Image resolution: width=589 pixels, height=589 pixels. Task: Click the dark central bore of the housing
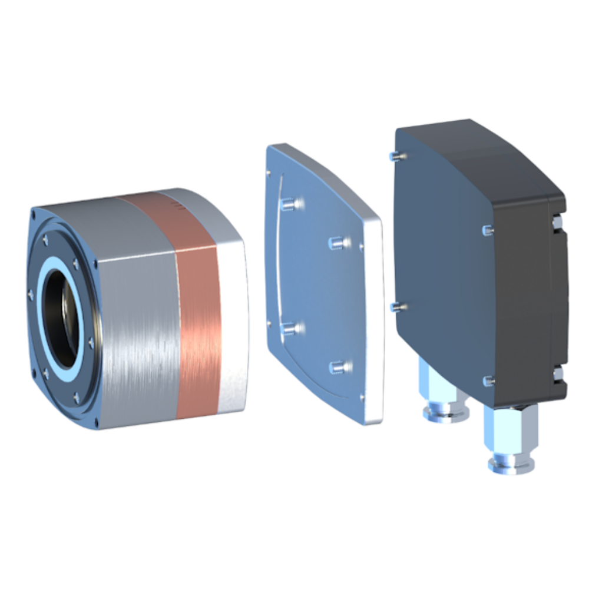click(x=62, y=319)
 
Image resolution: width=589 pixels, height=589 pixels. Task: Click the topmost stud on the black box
click(x=397, y=155)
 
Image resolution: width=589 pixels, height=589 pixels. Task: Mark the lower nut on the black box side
click(x=558, y=372)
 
